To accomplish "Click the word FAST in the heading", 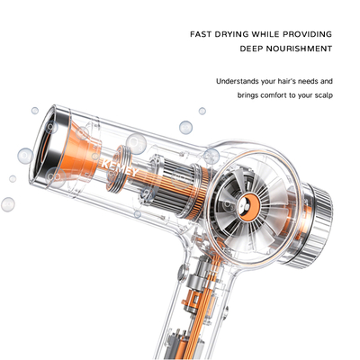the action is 201,34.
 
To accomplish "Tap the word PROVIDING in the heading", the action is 307,34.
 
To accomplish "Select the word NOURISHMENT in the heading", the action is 298,49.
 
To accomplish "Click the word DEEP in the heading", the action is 250,49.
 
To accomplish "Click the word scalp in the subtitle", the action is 323,95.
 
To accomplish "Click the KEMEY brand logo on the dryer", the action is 120,168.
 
